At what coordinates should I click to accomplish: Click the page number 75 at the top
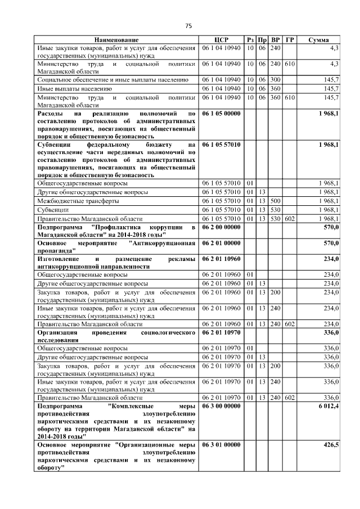188,26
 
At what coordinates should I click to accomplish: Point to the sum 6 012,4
328,406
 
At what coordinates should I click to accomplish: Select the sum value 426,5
330,445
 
